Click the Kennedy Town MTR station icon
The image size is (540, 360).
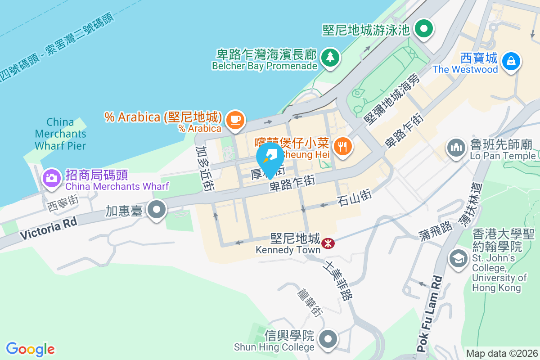pyautogui.click(x=328, y=243)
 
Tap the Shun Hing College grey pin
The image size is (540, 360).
pyautogui.click(x=328, y=338)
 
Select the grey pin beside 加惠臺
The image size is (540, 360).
pyautogui.click(x=157, y=210)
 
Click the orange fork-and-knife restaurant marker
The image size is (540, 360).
pyautogui.click(x=343, y=146)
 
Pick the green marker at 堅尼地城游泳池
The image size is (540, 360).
pyautogui.click(x=423, y=29)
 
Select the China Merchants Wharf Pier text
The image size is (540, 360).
pyautogui.click(x=60, y=134)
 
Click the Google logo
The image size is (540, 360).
pyautogui.click(x=31, y=349)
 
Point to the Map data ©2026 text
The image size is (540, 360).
pyautogui.click(x=501, y=353)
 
